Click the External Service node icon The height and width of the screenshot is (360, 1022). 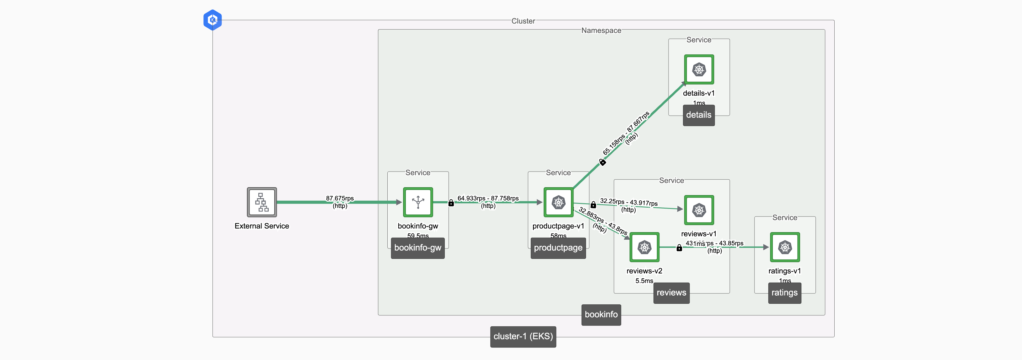[262, 202]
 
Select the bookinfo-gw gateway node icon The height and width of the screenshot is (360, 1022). [418, 202]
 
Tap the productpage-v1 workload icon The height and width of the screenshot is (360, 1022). [558, 202]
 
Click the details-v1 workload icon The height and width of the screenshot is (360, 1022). [699, 69]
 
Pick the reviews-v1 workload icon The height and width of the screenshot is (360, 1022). [699, 210]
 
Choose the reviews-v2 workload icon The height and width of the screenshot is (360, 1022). [644, 247]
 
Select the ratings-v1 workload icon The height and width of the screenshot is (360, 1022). [785, 247]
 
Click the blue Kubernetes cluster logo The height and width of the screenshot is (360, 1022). [212, 20]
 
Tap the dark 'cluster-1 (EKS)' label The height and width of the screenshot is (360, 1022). [523, 336]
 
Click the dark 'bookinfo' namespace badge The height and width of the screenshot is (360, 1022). [601, 315]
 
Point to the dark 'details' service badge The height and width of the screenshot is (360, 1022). [699, 115]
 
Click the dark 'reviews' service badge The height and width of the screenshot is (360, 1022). [671, 293]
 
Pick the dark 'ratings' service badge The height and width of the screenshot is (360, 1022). [784, 293]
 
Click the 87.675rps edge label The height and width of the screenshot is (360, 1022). [340, 198]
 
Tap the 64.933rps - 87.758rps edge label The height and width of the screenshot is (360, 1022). [488, 198]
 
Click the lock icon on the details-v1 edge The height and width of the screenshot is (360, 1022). [602, 162]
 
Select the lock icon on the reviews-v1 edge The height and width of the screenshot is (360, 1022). [593, 205]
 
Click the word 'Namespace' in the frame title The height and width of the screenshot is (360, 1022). [601, 30]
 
